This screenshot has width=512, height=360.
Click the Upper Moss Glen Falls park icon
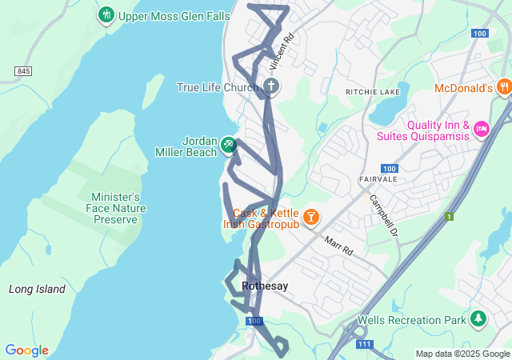(106, 15)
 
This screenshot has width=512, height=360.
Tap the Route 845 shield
(22, 72)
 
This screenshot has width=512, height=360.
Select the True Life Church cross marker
(271, 86)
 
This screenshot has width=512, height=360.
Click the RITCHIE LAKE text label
(372, 93)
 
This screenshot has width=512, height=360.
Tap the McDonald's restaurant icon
(503, 87)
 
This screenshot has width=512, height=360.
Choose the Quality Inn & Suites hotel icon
(481, 129)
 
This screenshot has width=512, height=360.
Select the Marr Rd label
(339, 245)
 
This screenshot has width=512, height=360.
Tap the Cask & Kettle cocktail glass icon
(310, 216)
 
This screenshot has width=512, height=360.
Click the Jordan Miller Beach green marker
(229, 143)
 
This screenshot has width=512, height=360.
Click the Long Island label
(37, 289)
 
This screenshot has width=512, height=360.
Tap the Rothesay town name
(265, 286)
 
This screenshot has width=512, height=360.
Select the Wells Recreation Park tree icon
(478, 320)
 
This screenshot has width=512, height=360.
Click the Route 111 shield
(364, 344)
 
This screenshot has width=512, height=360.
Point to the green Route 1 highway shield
(450, 217)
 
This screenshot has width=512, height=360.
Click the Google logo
(26, 350)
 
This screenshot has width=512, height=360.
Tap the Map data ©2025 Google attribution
(462, 354)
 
